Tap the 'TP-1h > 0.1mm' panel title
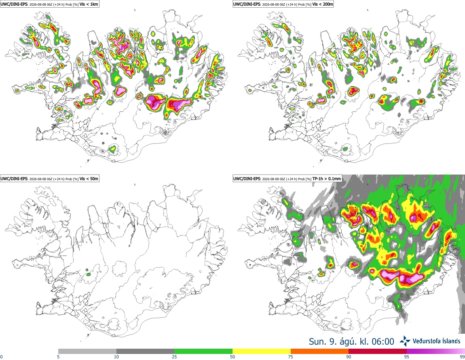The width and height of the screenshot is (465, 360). (327, 179)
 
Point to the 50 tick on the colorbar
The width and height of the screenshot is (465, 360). (232, 357)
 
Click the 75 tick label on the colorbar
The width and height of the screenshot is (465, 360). (291, 357)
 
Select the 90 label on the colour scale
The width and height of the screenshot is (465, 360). (349, 357)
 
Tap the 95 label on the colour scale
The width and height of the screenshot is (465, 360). (407, 357)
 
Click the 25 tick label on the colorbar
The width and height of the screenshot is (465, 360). (174, 357)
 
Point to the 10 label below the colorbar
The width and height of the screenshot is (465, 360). (116, 357)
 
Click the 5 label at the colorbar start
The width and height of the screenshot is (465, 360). (58, 357)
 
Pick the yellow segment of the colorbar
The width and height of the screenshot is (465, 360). (262, 352)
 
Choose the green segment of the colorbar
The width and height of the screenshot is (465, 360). (203, 352)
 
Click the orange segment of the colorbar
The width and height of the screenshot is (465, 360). (320, 352)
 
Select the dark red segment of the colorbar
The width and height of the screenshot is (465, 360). (378, 352)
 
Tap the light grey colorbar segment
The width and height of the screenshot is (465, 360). (87, 352)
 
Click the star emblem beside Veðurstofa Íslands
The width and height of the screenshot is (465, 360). (405, 341)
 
